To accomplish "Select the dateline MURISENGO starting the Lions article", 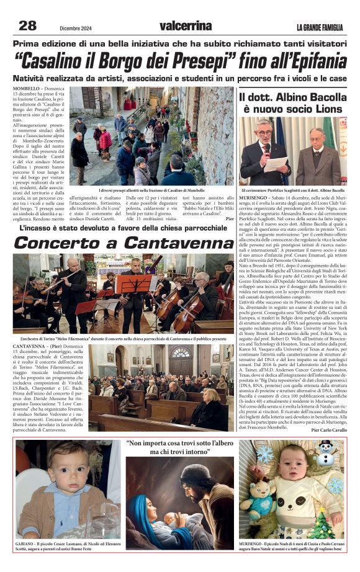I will (255, 197).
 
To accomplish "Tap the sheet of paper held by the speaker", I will (276, 163).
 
